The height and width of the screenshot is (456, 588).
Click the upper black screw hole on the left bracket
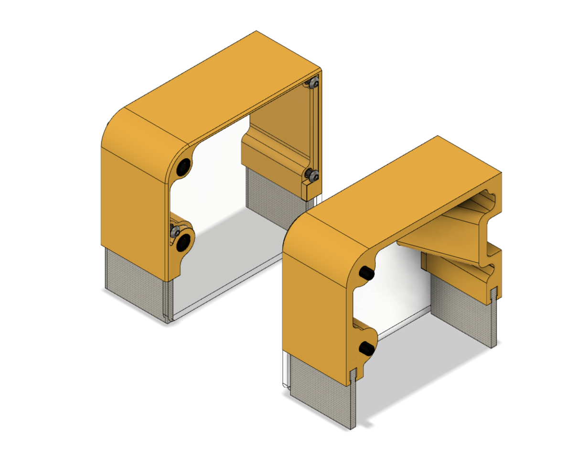point(183,167)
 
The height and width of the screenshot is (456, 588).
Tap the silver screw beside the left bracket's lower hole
point(175,232)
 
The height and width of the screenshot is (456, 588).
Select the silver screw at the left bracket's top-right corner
point(313,84)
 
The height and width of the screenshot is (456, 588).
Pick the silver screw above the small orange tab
point(313,176)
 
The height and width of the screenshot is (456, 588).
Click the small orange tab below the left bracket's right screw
point(309,189)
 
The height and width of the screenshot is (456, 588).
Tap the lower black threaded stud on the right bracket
point(366,349)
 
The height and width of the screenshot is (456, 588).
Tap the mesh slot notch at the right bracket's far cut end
point(494,292)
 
